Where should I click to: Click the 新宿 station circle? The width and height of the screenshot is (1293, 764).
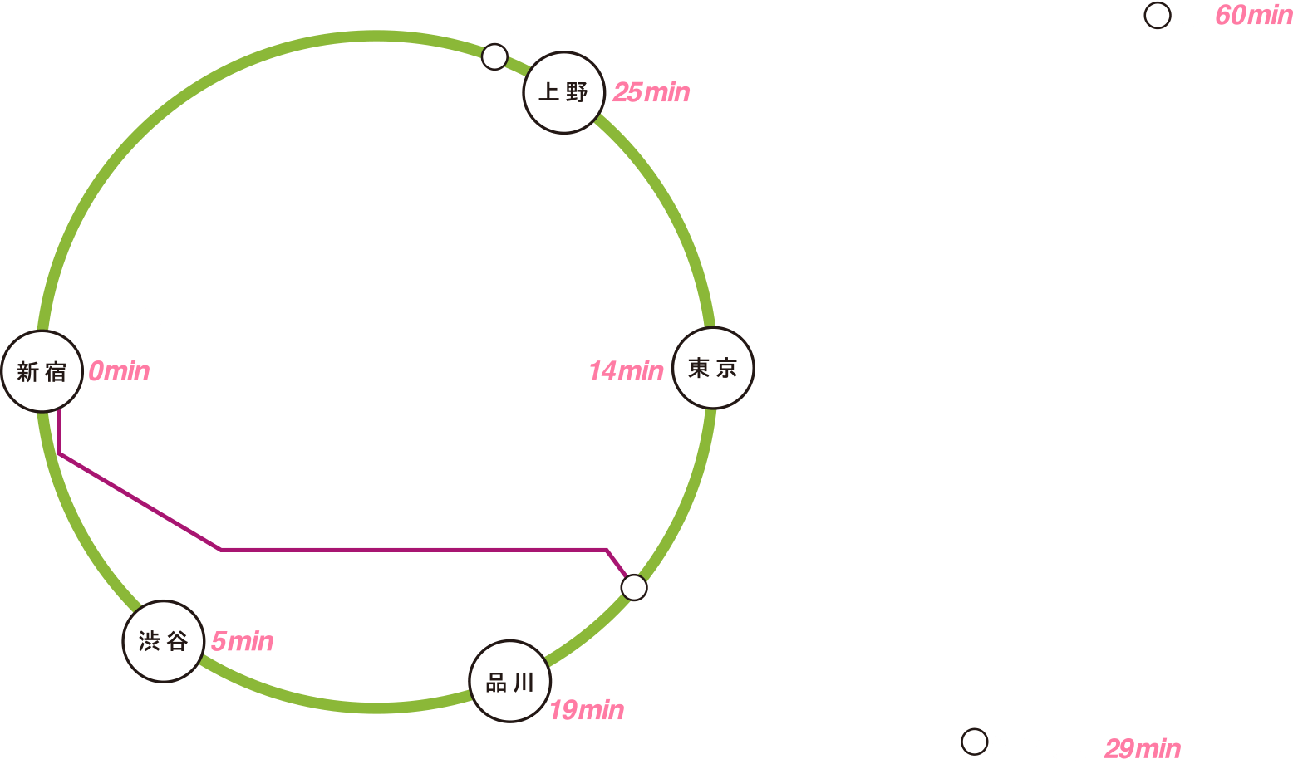[x=42, y=371]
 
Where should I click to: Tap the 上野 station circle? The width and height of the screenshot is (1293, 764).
[x=564, y=92]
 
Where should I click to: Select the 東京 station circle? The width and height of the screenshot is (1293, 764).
[x=714, y=368]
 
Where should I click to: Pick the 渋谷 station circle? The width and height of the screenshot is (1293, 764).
[x=164, y=641]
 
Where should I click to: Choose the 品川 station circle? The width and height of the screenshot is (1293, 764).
[x=509, y=681]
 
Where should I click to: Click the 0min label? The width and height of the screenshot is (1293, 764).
[x=119, y=371]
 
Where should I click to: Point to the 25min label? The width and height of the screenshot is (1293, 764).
[x=651, y=92]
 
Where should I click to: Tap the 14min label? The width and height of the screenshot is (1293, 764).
[x=627, y=371]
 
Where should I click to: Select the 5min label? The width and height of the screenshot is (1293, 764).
[x=243, y=641]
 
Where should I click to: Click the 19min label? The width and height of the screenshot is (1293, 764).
[x=587, y=710]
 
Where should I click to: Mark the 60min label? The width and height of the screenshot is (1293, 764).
[x=1254, y=15]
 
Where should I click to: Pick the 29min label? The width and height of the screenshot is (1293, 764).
[x=1143, y=748]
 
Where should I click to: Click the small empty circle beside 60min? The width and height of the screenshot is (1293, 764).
[x=1158, y=15]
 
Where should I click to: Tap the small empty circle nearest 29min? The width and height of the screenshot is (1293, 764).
[x=975, y=742]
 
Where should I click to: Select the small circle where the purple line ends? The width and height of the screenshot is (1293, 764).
[x=634, y=587]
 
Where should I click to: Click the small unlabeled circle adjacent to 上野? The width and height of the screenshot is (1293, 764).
[x=494, y=56]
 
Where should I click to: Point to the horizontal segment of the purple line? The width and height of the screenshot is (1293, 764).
[x=414, y=550]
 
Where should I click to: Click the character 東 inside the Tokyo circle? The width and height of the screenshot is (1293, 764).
[x=699, y=368]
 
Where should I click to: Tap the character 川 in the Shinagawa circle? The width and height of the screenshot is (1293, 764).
[x=524, y=683]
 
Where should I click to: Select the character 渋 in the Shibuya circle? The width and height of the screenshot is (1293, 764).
[x=149, y=641]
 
